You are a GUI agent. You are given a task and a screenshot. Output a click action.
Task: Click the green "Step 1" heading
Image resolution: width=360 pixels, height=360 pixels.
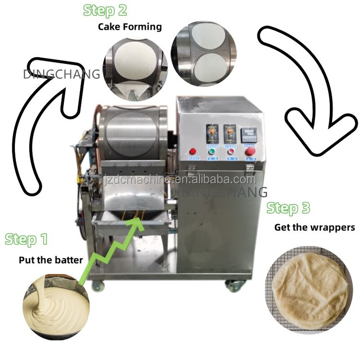point(26,239)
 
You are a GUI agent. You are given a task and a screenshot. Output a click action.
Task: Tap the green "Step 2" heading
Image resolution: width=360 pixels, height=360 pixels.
point(104,9)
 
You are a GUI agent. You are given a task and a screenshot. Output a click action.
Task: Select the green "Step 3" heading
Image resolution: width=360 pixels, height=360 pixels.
point(288,208)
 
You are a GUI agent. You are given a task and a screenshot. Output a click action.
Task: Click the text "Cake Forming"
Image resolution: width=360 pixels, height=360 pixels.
point(130,27)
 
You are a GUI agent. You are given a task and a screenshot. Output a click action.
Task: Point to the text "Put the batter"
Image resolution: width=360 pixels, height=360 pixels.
point(50,260)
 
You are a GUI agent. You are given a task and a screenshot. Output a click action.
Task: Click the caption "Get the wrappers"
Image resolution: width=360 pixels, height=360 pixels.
point(315,227)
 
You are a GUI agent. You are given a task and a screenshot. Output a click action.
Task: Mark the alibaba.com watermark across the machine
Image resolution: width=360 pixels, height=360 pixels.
point(180,180)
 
